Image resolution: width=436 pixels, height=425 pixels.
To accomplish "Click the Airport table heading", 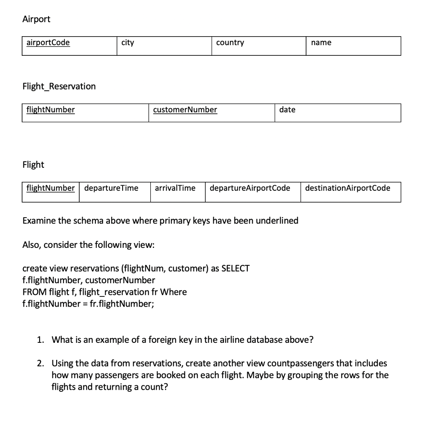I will pyautogui.click(x=36, y=19).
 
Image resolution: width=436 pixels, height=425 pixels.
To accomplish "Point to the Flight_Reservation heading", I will pyautogui.click(x=59, y=86).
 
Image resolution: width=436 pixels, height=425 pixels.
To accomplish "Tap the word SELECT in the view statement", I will pyautogui.click(x=235, y=269).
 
